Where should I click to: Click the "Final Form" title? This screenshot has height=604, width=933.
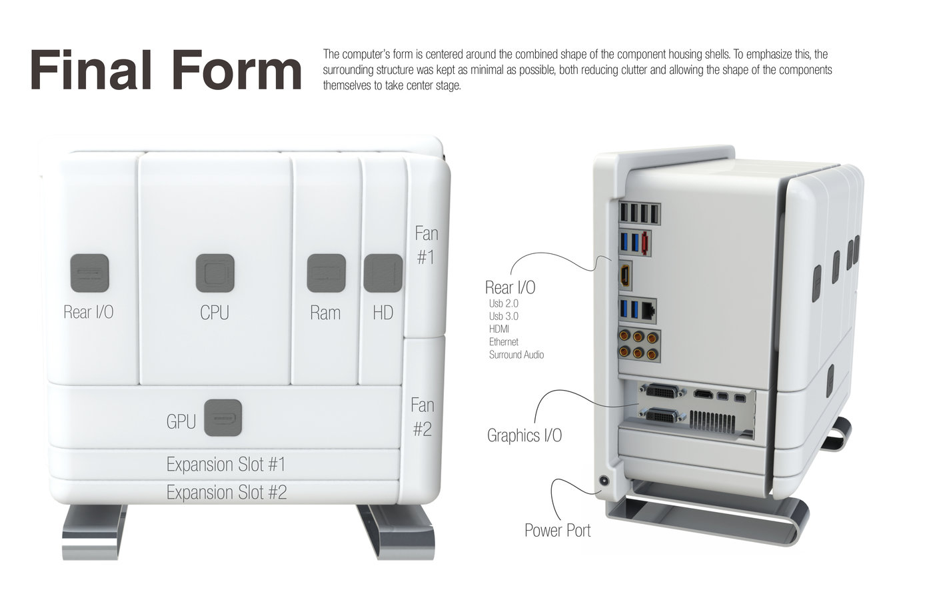166,69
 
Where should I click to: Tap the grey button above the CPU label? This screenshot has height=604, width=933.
215,273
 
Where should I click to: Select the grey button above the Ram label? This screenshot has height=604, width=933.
326,273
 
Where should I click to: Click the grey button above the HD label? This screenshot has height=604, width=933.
383,273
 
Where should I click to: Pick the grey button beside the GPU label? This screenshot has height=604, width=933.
223,418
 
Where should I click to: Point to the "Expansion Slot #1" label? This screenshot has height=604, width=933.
226,465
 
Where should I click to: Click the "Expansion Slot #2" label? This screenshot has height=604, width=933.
227,493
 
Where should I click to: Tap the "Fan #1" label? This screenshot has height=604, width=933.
427,245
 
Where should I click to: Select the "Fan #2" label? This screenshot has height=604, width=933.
423,417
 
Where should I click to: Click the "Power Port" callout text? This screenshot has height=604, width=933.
557,530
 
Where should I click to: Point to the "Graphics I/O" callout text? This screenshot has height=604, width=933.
524,435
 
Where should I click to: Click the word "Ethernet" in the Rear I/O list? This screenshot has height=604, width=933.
504,341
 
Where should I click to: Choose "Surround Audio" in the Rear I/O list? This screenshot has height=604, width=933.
516,355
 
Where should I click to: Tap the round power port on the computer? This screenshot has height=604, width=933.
604,481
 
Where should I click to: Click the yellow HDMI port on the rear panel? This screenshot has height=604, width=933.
625,275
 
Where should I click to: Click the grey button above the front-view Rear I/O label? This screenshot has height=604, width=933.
89,273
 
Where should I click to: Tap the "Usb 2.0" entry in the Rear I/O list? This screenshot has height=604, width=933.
504,303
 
